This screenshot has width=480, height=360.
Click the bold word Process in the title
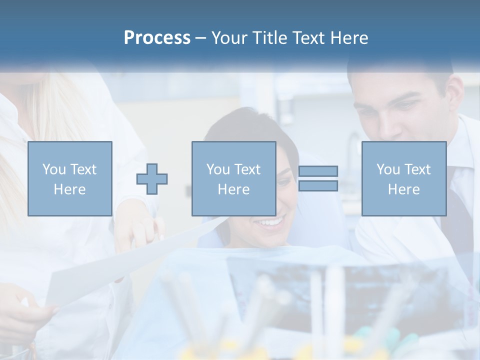coord(157,38)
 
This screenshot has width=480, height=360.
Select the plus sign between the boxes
coord(152,178)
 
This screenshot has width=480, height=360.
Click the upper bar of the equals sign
coord(318,171)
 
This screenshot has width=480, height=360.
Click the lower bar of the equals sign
coord(318,186)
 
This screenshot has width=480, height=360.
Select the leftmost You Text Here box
coord(69,178)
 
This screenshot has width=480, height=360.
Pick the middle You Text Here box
coord(233,178)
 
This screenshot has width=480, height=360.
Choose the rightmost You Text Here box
coord(403,178)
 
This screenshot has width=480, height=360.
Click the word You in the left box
coord(53,169)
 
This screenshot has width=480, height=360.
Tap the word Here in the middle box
coord(233,189)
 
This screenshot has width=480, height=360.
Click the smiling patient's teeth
coord(271,221)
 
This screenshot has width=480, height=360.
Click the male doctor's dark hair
coord(400,75)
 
